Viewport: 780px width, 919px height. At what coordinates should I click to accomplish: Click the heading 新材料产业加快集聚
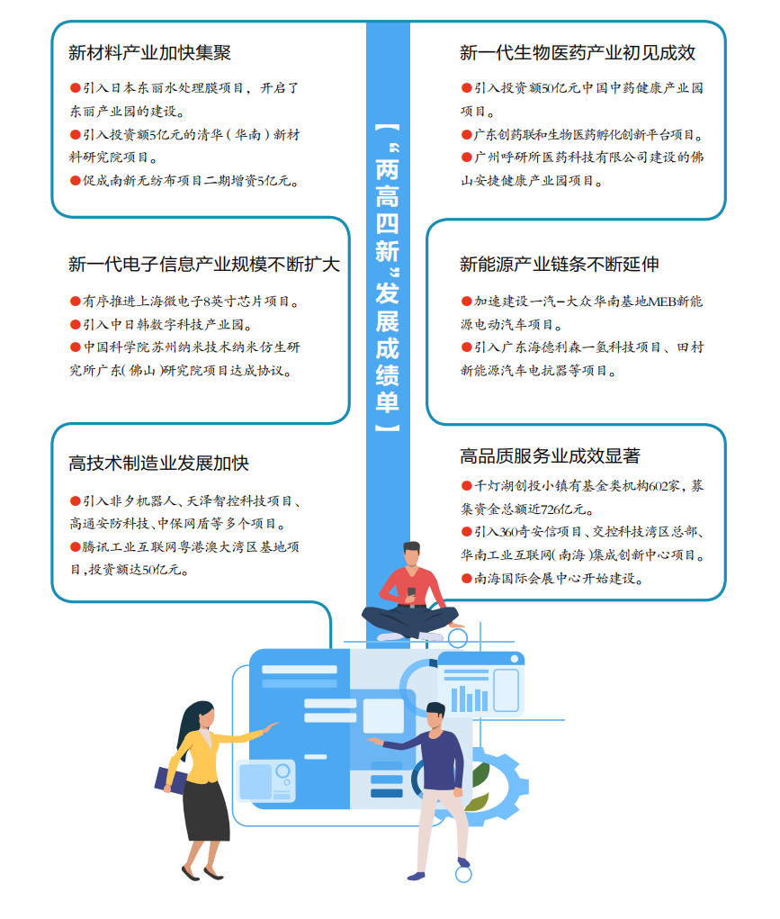coord(149,53)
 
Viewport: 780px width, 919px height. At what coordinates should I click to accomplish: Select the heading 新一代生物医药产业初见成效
coord(578,53)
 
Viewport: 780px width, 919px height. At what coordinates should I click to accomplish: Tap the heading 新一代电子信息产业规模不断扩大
coord(204,265)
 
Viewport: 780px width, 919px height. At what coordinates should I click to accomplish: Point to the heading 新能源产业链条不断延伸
coord(559,265)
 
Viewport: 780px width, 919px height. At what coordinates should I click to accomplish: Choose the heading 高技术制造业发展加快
coord(159,463)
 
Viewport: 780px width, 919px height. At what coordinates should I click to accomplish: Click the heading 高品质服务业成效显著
coord(550,455)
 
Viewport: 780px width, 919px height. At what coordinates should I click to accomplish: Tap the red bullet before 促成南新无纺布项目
coord(75,181)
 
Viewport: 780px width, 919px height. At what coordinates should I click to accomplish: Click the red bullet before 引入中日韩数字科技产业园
coord(75,324)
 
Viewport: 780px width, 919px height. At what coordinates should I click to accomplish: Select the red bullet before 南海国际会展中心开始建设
coord(467,579)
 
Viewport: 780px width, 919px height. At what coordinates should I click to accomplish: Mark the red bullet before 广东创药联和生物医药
coord(467,135)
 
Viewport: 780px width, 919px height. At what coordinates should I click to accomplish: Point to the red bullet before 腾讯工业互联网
coord(75,547)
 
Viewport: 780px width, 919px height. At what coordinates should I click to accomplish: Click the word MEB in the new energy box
coord(661,302)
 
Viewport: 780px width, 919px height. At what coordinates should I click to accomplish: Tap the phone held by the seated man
coord(411,592)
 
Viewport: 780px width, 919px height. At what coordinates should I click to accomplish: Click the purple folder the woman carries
coord(169,780)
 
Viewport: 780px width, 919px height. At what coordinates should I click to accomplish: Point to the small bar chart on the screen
coord(469,698)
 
